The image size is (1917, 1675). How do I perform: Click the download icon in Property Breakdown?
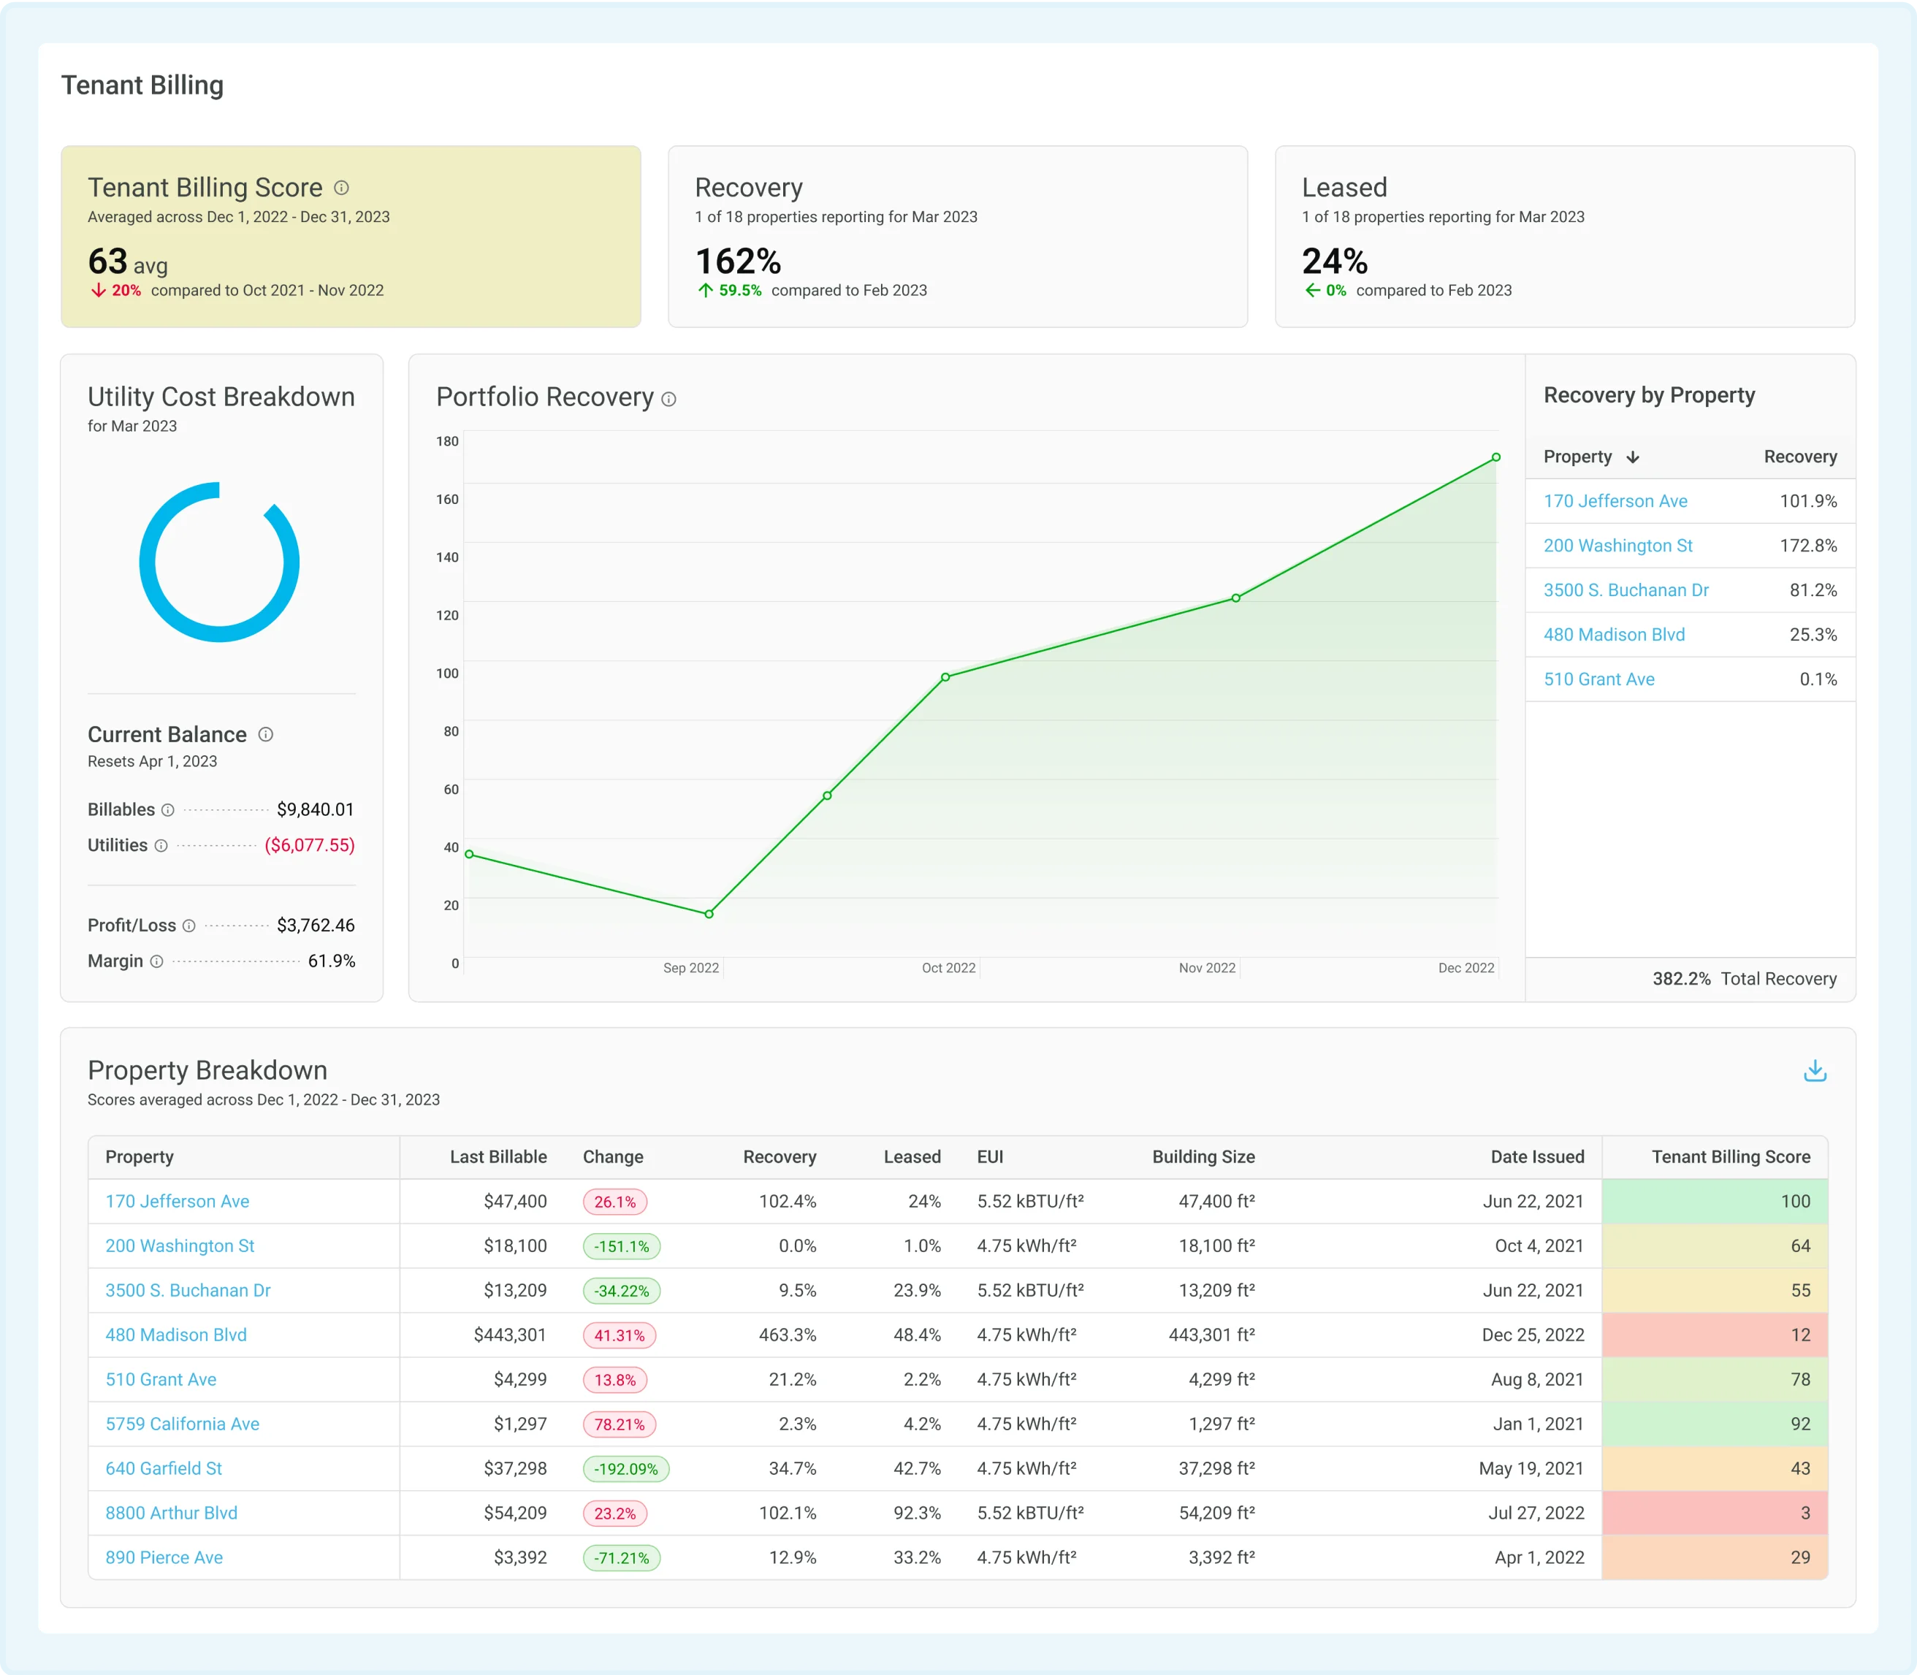pos(1814,1070)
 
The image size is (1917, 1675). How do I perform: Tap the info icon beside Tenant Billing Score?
pos(342,188)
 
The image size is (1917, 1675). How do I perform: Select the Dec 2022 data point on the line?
pos(1495,457)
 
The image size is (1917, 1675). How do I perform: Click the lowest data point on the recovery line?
pos(709,913)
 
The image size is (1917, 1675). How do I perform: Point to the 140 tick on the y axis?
pos(447,557)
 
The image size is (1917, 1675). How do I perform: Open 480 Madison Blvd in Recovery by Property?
pos(1613,635)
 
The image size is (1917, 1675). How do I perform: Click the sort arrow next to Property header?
pos(1633,457)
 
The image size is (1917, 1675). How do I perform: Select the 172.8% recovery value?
pos(1807,546)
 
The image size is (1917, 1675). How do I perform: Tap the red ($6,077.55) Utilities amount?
pos(309,845)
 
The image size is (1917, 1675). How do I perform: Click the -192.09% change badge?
pos(625,1468)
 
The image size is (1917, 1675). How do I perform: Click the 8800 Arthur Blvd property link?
pos(171,1512)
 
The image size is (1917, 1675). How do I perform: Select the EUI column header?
pos(990,1156)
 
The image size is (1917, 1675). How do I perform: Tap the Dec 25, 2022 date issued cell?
pos(1532,1335)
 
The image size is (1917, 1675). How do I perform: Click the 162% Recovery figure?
pos(737,261)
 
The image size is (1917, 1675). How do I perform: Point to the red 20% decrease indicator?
pos(117,291)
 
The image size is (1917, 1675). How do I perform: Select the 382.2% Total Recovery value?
pos(1680,979)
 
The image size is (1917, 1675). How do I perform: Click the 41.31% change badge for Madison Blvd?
pos(619,1335)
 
